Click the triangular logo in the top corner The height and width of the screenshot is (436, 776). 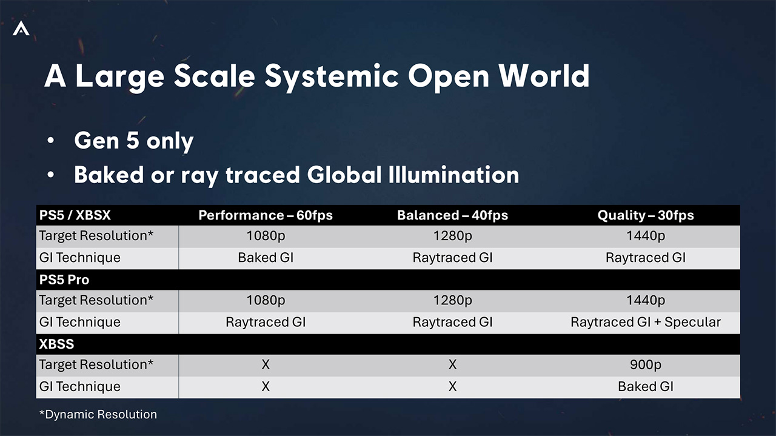[x=21, y=28]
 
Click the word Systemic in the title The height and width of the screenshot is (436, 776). [x=332, y=77]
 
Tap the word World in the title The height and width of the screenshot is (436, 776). [x=544, y=76]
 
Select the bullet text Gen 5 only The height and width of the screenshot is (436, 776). [x=134, y=141]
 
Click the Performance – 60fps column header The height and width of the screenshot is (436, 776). [x=266, y=215]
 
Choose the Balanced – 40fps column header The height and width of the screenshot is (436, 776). [x=452, y=215]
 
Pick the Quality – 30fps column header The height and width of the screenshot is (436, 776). [x=646, y=215]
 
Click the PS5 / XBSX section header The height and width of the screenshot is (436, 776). [x=75, y=215]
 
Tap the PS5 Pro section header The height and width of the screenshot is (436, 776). [x=64, y=280]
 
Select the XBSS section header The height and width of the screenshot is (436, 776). [x=56, y=344]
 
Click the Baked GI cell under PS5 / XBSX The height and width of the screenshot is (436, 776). [x=266, y=258]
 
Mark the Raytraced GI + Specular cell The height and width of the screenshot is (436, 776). [x=646, y=322]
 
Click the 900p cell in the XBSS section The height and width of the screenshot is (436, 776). [x=646, y=364]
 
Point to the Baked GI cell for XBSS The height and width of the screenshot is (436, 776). [x=646, y=386]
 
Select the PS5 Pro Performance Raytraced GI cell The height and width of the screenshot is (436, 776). [x=266, y=322]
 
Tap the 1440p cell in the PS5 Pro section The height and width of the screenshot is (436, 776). [x=646, y=300]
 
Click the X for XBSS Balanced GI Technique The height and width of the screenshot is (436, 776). [x=452, y=386]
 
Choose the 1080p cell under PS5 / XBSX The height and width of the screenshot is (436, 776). [x=266, y=236]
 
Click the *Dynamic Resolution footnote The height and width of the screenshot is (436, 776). [x=98, y=415]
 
